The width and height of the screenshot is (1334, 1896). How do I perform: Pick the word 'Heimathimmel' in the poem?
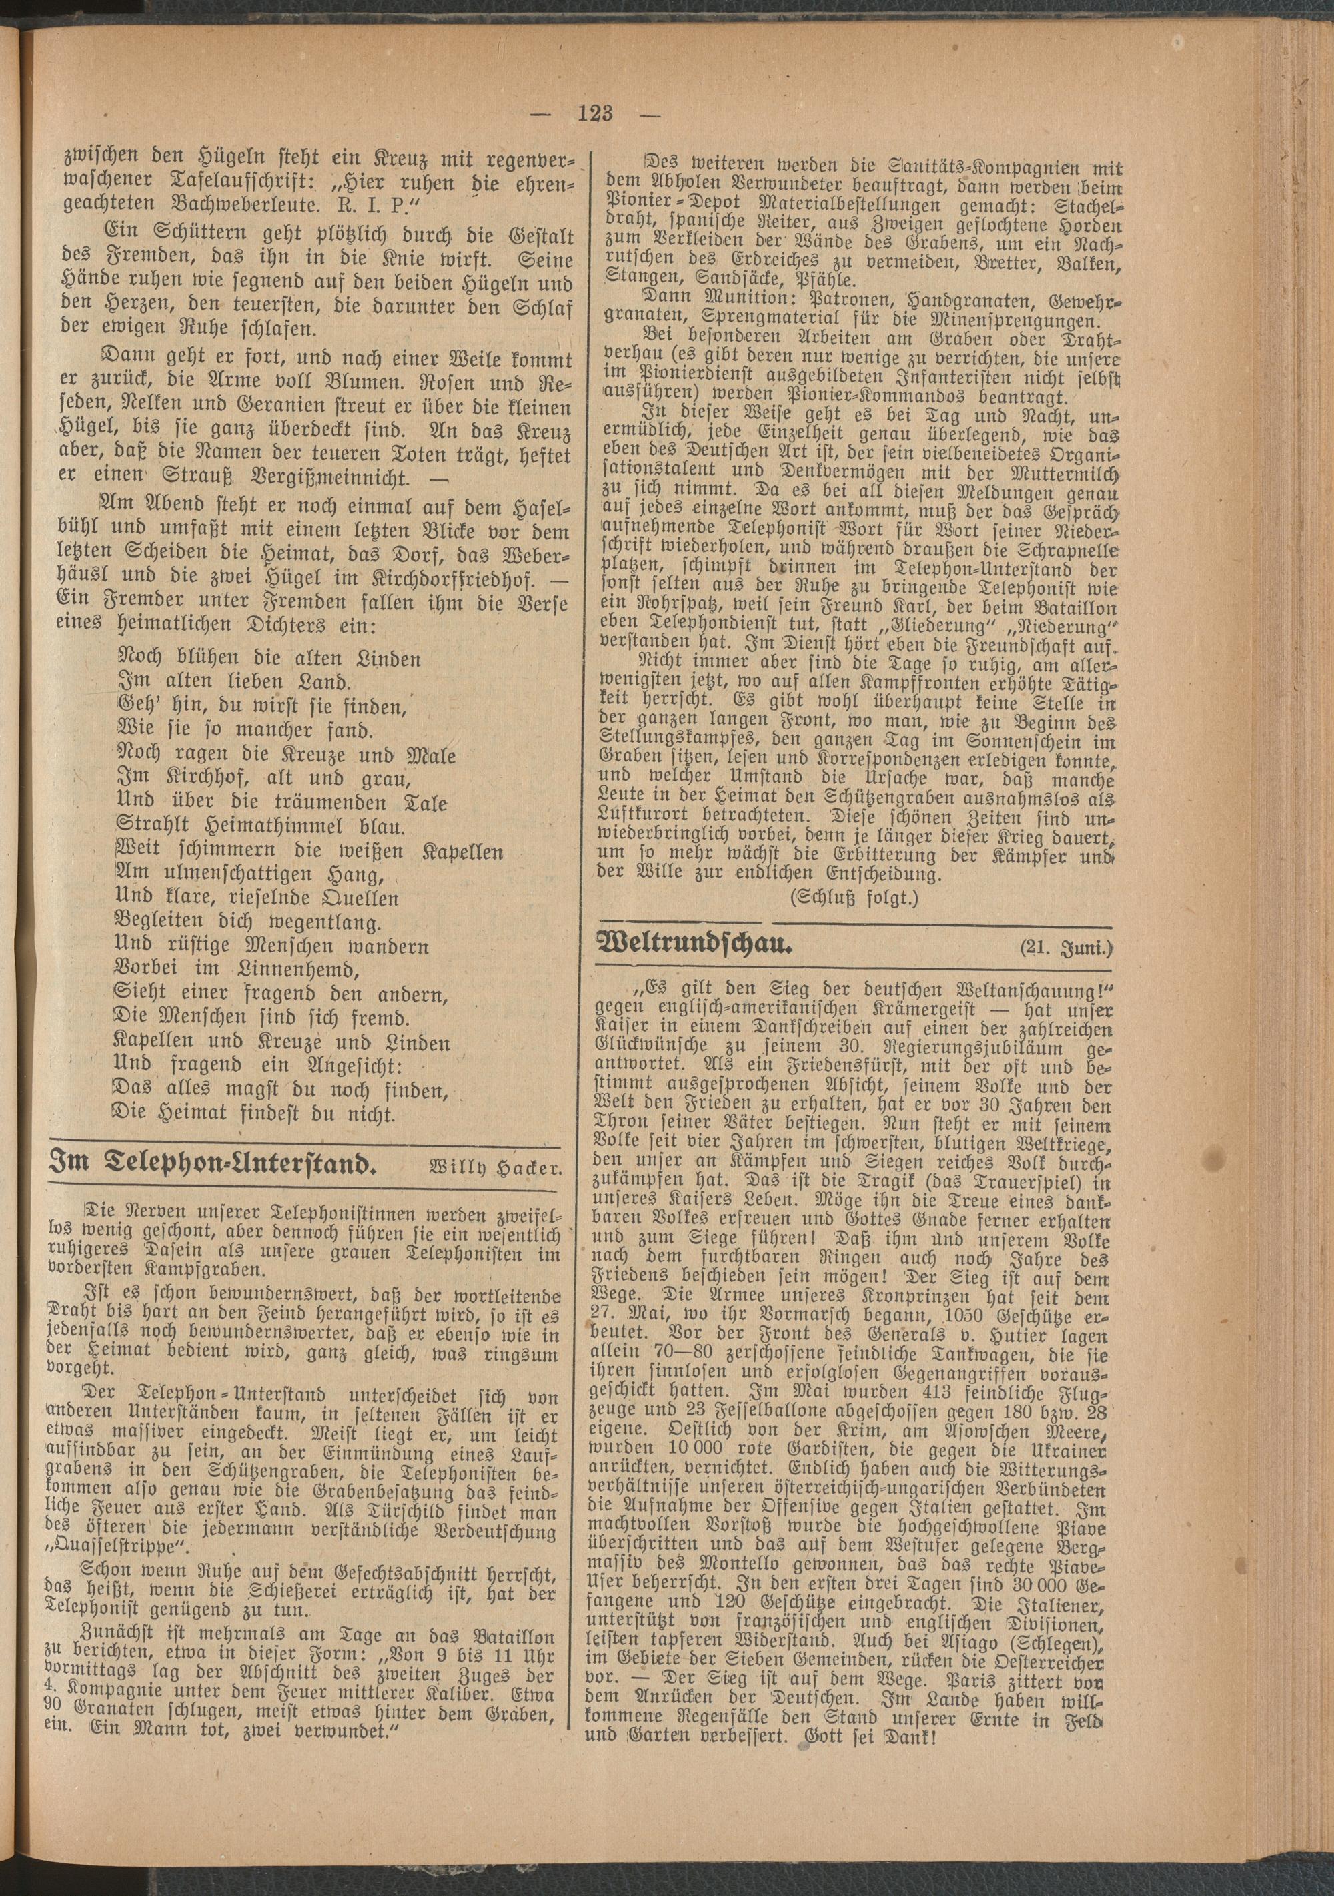click(x=264, y=825)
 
